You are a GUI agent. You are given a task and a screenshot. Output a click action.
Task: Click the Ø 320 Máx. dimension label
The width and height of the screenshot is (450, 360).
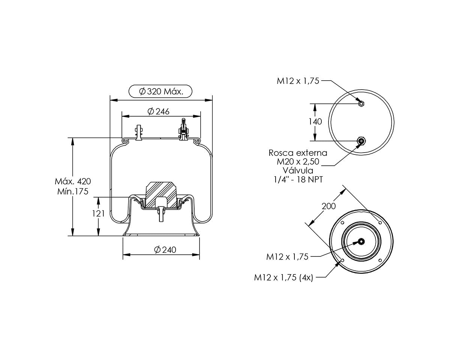(x=161, y=91)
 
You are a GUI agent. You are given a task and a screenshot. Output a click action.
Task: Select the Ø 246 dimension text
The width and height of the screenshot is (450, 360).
(x=158, y=111)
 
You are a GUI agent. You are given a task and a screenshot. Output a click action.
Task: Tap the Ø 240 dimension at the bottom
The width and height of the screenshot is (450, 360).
(x=165, y=249)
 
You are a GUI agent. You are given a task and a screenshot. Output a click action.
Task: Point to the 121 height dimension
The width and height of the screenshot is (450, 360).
(x=98, y=213)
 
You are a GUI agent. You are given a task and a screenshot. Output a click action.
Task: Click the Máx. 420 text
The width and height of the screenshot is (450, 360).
(x=73, y=181)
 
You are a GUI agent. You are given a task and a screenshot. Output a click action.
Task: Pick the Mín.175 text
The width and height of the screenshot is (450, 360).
(x=73, y=191)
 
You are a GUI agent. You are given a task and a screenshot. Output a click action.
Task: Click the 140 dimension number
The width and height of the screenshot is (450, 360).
(x=315, y=121)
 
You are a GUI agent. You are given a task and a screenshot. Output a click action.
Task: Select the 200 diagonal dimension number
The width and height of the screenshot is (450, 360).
(x=328, y=206)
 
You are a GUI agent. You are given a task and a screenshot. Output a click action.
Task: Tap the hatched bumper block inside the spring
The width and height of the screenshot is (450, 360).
(x=161, y=195)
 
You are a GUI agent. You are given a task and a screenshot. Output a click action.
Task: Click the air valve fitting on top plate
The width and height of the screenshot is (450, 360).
(x=183, y=129)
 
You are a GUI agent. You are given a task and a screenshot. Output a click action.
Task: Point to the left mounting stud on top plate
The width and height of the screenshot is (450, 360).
(x=139, y=133)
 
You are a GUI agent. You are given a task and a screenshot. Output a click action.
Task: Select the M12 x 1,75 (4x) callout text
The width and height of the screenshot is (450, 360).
(x=283, y=277)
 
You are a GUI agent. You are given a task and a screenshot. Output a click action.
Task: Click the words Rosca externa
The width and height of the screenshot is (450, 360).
(x=298, y=153)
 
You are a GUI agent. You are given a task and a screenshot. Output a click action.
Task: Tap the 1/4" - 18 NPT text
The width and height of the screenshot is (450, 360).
(x=298, y=179)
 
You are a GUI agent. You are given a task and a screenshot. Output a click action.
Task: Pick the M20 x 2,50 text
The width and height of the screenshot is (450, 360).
(x=298, y=162)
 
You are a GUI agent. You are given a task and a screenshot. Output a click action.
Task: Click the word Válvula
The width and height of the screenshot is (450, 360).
(x=298, y=170)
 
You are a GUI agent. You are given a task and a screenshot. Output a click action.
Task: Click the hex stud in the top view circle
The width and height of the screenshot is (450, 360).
(x=361, y=103)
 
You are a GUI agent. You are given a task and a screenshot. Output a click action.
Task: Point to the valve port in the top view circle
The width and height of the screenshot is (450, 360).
(x=361, y=141)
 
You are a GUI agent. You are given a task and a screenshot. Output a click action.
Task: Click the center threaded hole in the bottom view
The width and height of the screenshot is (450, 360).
(x=361, y=241)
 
